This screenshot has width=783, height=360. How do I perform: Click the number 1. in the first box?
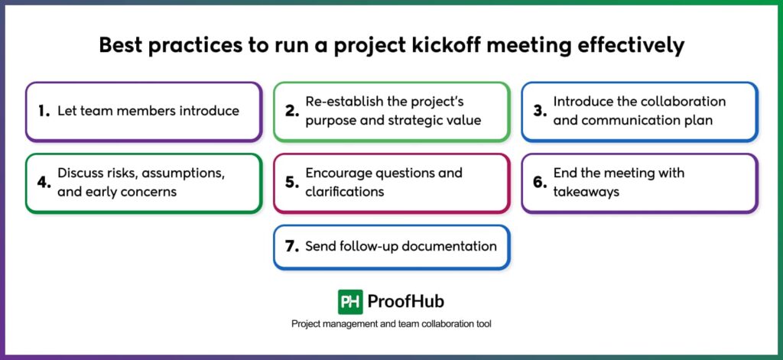pos(44,112)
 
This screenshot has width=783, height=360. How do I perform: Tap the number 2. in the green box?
pos(291,112)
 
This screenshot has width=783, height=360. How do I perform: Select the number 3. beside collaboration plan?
pos(540,112)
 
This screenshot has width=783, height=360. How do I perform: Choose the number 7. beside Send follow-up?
pos(291,247)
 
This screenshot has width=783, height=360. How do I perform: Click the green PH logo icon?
pos(350,301)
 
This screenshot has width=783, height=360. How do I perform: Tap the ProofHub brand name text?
pos(406,301)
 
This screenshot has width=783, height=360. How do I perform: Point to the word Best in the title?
pos(124,46)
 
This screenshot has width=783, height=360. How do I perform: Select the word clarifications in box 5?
pos(345,192)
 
